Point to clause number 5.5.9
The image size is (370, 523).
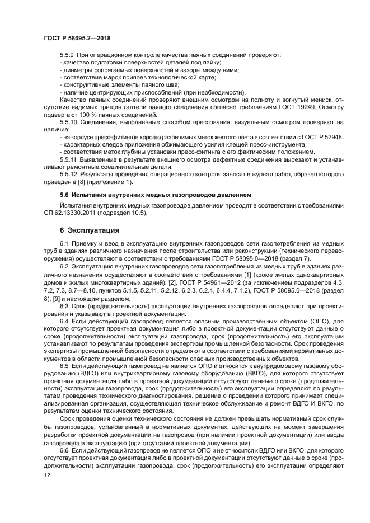[x=68, y=55]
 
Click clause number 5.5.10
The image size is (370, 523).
[x=69, y=121]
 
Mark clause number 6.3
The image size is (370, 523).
[x=64, y=306]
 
